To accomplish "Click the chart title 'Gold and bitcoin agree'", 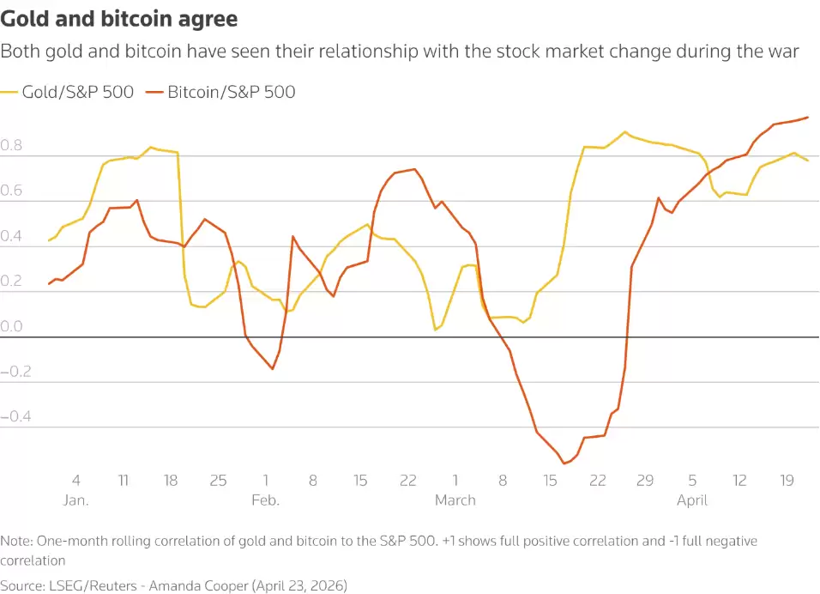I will coord(119,18).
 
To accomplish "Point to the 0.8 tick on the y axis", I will coord(13,147).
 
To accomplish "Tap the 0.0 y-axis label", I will coord(13,327).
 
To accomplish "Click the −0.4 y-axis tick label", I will coord(16,417).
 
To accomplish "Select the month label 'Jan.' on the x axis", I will coord(76,500).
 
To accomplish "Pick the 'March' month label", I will coord(455,500).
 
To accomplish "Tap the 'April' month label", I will coord(692,500).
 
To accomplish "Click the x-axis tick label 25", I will coord(219,481).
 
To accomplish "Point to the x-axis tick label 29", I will coord(645,481).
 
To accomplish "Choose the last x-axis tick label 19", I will coord(787,481).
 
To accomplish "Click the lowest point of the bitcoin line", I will coord(565,464).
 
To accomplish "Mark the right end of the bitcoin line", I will coord(808,117).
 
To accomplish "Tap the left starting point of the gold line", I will coord(49,240).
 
